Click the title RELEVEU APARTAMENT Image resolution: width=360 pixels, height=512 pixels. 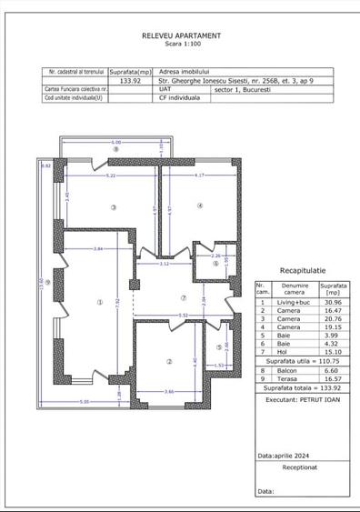coord(181,35)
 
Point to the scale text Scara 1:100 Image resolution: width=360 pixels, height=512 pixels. coord(181,44)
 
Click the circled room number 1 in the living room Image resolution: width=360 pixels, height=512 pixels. coord(101,303)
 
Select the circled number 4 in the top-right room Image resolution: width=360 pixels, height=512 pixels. coord(200,206)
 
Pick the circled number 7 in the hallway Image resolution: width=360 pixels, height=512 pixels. coord(183,297)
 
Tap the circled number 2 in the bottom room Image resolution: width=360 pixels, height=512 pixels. coord(169,362)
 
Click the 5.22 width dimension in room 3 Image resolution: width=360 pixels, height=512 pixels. coord(111,175)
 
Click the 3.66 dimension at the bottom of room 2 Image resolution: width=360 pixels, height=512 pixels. coord(169,391)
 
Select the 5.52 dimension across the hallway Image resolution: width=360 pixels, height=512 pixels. coord(183,316)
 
